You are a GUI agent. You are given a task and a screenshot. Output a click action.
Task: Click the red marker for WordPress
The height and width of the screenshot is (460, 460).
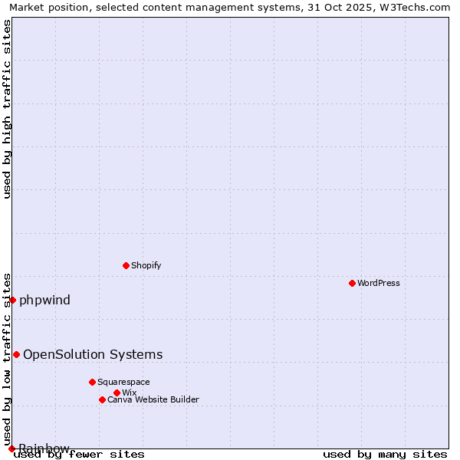[x=352, y=283]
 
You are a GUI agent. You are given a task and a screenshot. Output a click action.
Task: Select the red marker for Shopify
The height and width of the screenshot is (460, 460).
[x=126, y=265]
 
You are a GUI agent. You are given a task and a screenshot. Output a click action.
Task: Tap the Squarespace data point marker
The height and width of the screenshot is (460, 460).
[x=92, y=382]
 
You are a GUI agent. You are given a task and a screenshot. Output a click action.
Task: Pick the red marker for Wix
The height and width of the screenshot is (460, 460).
[x=117, y=393]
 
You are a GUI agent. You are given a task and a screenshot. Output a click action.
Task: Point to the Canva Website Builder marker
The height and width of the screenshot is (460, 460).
[x=102, y=399]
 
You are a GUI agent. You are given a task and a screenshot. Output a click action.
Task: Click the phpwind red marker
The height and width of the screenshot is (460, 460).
[x=13, y=300]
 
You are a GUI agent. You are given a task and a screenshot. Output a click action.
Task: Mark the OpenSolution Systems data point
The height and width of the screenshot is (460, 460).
[x=16, y=354]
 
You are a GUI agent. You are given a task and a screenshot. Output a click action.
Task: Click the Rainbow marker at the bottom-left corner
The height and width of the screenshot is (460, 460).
[x=11, y=449]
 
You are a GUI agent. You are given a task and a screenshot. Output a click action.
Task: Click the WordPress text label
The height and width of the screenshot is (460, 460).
[x=379, y=283]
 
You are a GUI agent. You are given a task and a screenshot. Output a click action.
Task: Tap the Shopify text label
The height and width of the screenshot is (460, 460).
[x=146, y=265]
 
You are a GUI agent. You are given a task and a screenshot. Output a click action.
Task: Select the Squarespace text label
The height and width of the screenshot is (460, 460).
[x=123, y=382]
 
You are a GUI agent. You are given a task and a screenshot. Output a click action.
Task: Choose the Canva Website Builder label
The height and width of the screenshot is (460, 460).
[x=153, y=399]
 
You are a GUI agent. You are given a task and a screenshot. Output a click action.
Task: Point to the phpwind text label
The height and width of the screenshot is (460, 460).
[x=44, y=300]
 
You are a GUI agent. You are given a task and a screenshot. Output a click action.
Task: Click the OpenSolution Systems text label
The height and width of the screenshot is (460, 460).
[x=93, y=354]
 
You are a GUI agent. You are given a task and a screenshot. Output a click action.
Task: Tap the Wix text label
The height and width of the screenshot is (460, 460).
[x=130, y=393]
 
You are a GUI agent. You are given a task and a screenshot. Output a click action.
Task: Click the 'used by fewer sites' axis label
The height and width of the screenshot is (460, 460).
[x=80, y=455]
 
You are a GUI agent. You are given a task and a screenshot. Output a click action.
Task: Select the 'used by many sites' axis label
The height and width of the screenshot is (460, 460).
[x=385, y=455]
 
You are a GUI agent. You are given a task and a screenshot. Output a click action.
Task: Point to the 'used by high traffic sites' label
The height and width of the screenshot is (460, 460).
[x=8, y=109]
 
